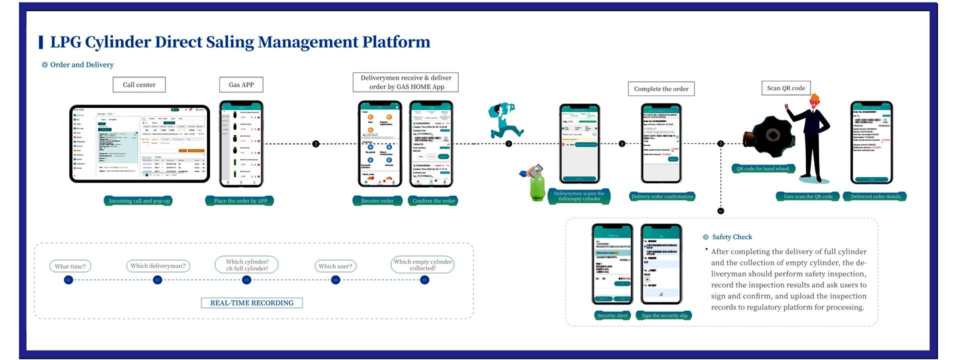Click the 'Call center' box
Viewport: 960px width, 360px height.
[139, 84]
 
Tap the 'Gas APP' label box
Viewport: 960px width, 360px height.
[241, 84]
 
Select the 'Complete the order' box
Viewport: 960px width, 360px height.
[661, 89]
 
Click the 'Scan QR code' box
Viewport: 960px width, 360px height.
[786, 88]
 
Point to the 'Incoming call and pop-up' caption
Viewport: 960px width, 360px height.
[139, 201]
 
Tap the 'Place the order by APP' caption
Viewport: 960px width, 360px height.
[240, 201]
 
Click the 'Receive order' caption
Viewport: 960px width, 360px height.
[377, 201]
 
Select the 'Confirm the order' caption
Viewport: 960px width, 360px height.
[433, 201]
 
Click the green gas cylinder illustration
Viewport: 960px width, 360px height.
[537, 186]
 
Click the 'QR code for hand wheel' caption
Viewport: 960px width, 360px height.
[762, 168]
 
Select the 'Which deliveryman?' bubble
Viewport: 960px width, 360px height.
[158, 266]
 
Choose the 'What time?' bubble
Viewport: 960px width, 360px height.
[70, 266]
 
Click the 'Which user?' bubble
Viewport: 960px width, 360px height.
[335, 266]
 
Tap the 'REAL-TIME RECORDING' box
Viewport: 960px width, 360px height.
[252, 303]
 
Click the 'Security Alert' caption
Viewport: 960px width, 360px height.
[612, 315]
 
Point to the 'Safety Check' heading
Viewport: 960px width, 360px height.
[732, 237]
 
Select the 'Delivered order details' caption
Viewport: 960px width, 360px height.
[875, 196]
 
